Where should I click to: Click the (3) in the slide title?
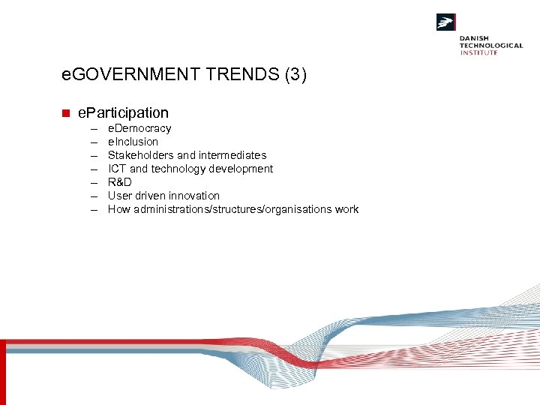point(293,75)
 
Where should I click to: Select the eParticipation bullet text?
point(123,112)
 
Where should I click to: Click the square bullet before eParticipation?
point(65,113)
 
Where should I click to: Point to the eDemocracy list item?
point(139,128)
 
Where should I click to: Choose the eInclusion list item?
point(133,142)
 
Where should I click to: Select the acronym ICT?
point(117,169)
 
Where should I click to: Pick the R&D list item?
point(120,182)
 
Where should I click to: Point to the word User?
point(120,196)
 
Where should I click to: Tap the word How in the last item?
point(119,209)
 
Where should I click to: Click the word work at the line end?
point(346,209)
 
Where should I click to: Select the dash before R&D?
point(96,182)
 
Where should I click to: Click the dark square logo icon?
point(446,22)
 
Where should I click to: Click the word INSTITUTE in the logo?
point(479,52)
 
